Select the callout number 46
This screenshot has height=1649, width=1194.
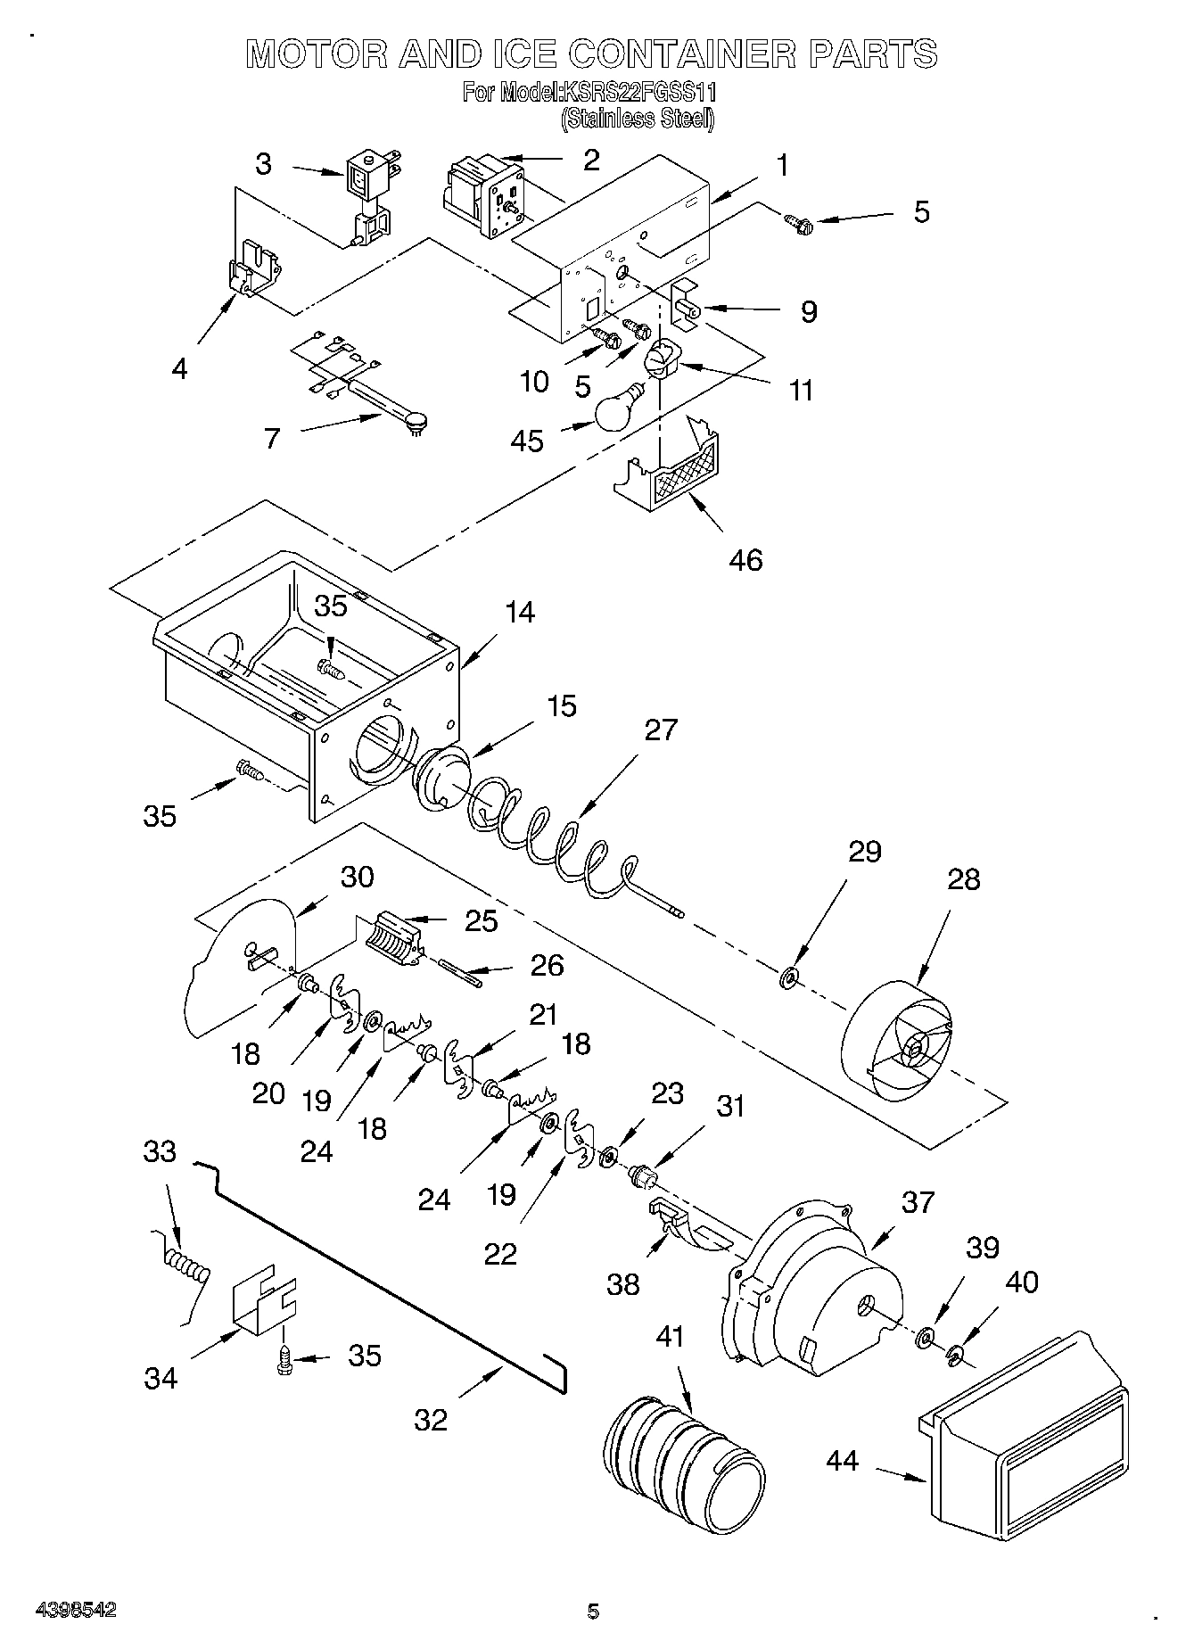[x=745, y=560]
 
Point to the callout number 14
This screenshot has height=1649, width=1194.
[x=519, y=612]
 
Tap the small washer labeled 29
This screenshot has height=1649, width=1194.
[x=788, y=979]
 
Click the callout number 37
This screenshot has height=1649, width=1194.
[x=918, y=1202]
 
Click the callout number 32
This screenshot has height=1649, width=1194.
[x=431, y=1419]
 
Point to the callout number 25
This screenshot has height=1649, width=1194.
[x=482, y=920]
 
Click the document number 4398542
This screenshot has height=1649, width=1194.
[x=75, y=1611]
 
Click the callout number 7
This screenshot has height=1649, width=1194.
[x=272, y=438]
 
